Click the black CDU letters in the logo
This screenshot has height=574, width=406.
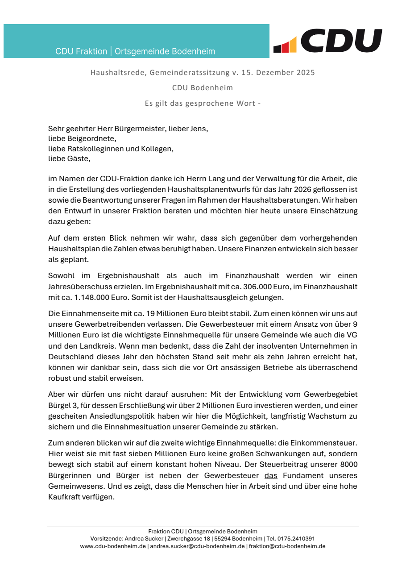[341, 41]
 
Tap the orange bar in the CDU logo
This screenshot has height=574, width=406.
[293, 45]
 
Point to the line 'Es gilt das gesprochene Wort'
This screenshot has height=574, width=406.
[203, 104]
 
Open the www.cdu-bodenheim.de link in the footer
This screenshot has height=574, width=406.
[113, 546]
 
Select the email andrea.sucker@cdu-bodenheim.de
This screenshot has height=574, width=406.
[197, 546]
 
